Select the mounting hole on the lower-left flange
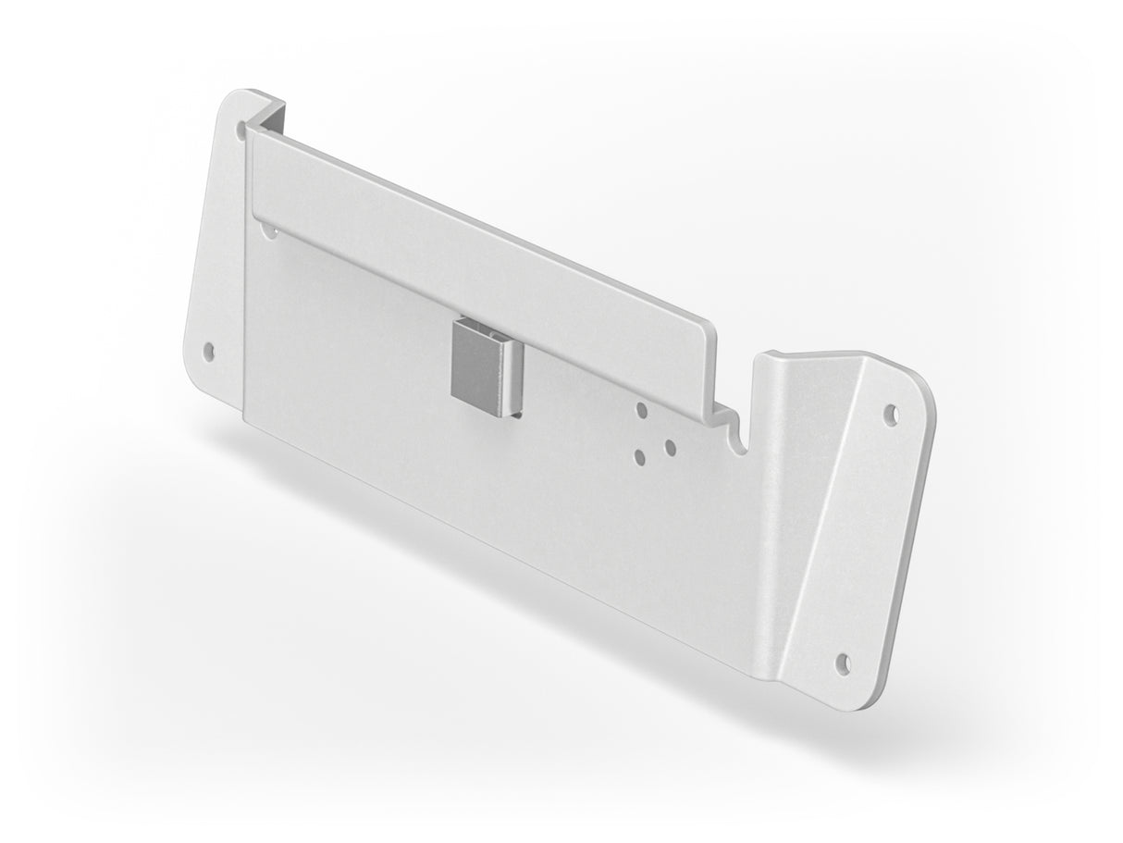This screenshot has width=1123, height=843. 209,351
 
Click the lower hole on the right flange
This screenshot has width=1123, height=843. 843,661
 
